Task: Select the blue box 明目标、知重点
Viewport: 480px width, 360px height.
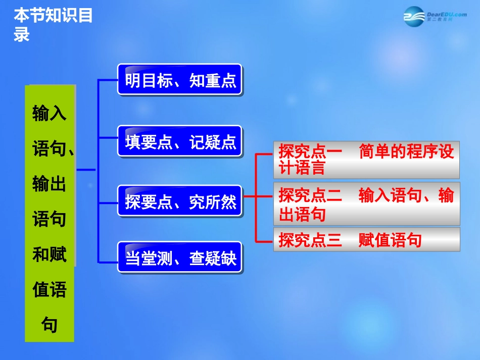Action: point(180,80)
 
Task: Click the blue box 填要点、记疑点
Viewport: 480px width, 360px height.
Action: point(180,142)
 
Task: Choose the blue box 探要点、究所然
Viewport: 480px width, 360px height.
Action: point(180,202)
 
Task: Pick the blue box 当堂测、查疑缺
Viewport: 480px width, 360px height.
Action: point(180,259)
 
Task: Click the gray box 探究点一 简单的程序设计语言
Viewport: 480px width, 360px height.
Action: point(366,160)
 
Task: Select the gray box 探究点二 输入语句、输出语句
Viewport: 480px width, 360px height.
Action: point(366,204)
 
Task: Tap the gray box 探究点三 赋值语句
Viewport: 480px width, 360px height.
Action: point(366,240)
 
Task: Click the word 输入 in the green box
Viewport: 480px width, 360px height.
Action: point(49,113)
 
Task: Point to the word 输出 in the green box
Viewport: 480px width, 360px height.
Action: point(49,184)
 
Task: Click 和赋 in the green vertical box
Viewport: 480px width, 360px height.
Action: point(49,255)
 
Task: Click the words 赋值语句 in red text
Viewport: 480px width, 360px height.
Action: point(390,240)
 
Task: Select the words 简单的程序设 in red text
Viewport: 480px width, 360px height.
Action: point(406,151)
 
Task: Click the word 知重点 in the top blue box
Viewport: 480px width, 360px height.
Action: point(213,80)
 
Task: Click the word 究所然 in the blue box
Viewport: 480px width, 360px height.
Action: point(213,202)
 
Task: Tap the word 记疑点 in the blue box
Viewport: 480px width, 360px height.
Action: point(213,142)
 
